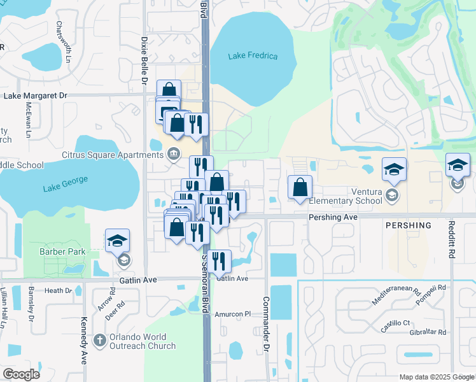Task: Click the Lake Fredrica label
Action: point(253,56)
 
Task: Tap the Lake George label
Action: point(63,188)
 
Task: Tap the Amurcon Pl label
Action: point(234,314)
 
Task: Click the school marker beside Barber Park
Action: point(117,241)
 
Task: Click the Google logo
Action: point(20,374)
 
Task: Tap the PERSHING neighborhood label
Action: point(408,225)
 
